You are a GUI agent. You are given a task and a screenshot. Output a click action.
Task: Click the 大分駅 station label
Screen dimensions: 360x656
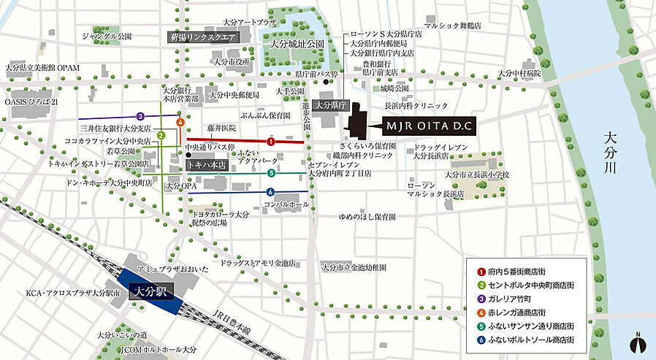[x=150, y=291]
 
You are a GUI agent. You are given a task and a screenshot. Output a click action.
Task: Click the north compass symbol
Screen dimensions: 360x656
[x=638, y=342]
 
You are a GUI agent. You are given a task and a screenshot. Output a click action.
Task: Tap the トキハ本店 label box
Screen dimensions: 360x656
[x=205, y=165]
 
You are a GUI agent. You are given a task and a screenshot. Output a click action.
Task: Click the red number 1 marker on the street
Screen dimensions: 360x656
[x=270, y=141]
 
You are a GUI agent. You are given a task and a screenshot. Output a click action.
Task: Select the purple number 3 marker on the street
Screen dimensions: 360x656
[x=140, y=117]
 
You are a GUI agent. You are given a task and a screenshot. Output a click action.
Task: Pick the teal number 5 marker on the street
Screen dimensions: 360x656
[x=271, y=173]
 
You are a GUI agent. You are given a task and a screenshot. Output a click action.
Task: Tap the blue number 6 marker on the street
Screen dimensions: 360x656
[x=270, y=192]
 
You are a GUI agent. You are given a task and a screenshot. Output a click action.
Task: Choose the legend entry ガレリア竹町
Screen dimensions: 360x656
[x=514, y=297]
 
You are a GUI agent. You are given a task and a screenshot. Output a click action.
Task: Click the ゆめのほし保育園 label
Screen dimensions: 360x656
[x=367, y=217]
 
